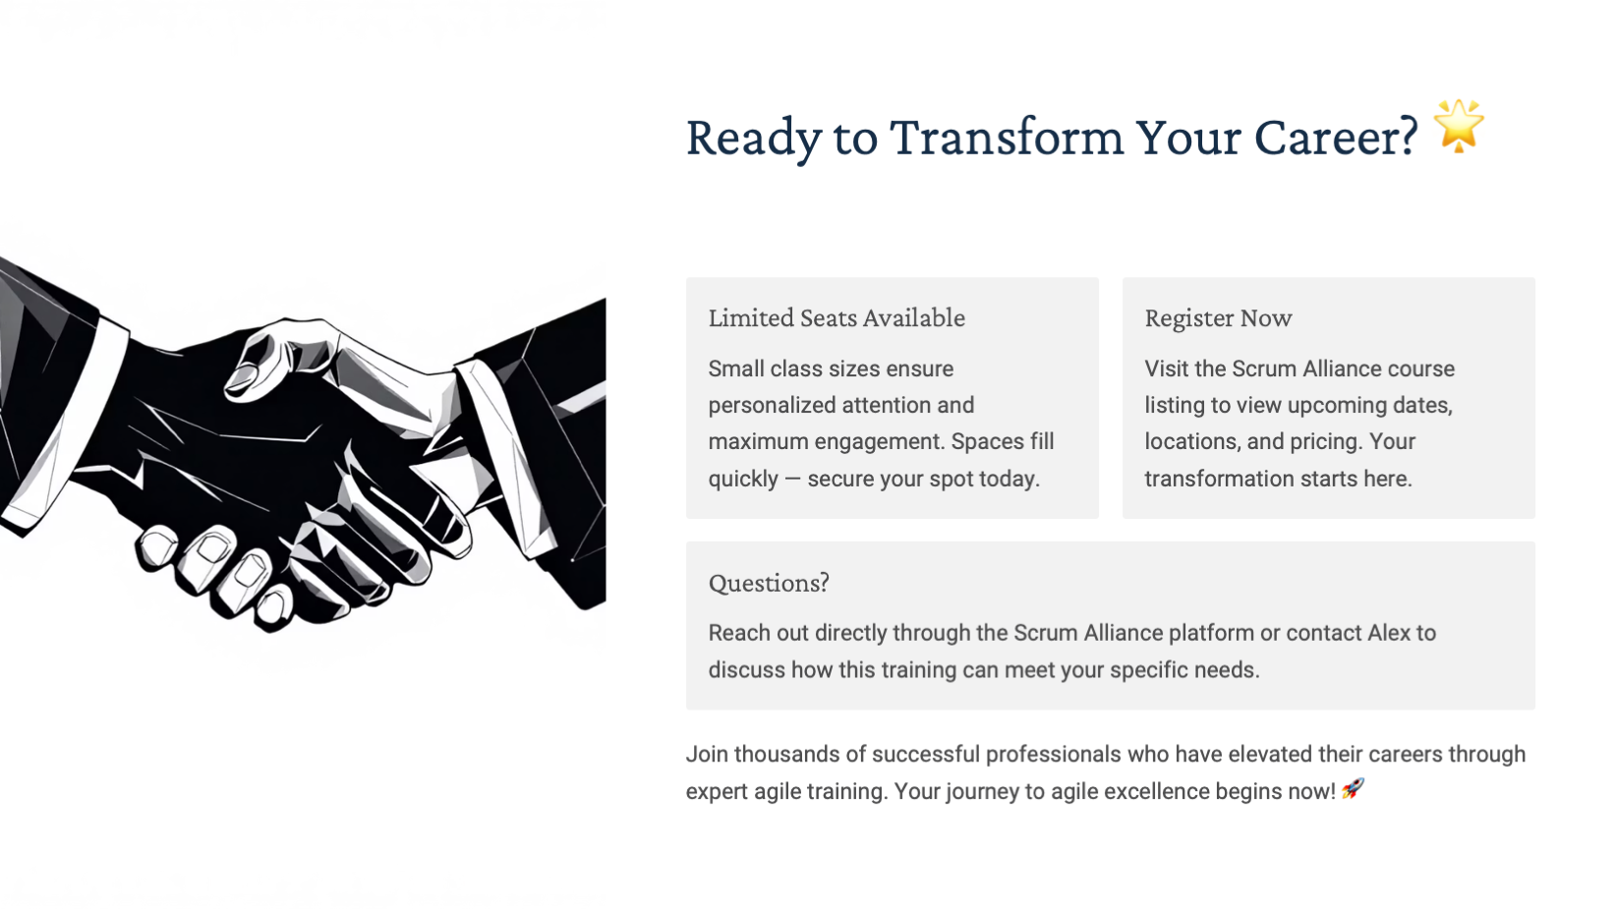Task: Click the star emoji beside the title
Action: pyautogui.click(x=1459, y=126)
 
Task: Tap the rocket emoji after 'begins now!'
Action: pyautogui.click(x=1353, y=789)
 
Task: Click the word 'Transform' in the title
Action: pyautogui.click(x=1007, y=137)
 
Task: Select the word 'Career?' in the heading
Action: pyautogui.click(x=1336, y=137)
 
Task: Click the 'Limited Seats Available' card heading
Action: pyautogui.click(x=837, y=318)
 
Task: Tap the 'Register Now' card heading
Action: pyautogui.click(x=1218, y=318)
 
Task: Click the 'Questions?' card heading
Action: pyautogui.click(x=769, y=583)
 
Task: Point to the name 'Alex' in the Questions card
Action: pyautogui.click(x=1389, y=633)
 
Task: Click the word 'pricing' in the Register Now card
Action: pyautogui.click(x=1326, y=441)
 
